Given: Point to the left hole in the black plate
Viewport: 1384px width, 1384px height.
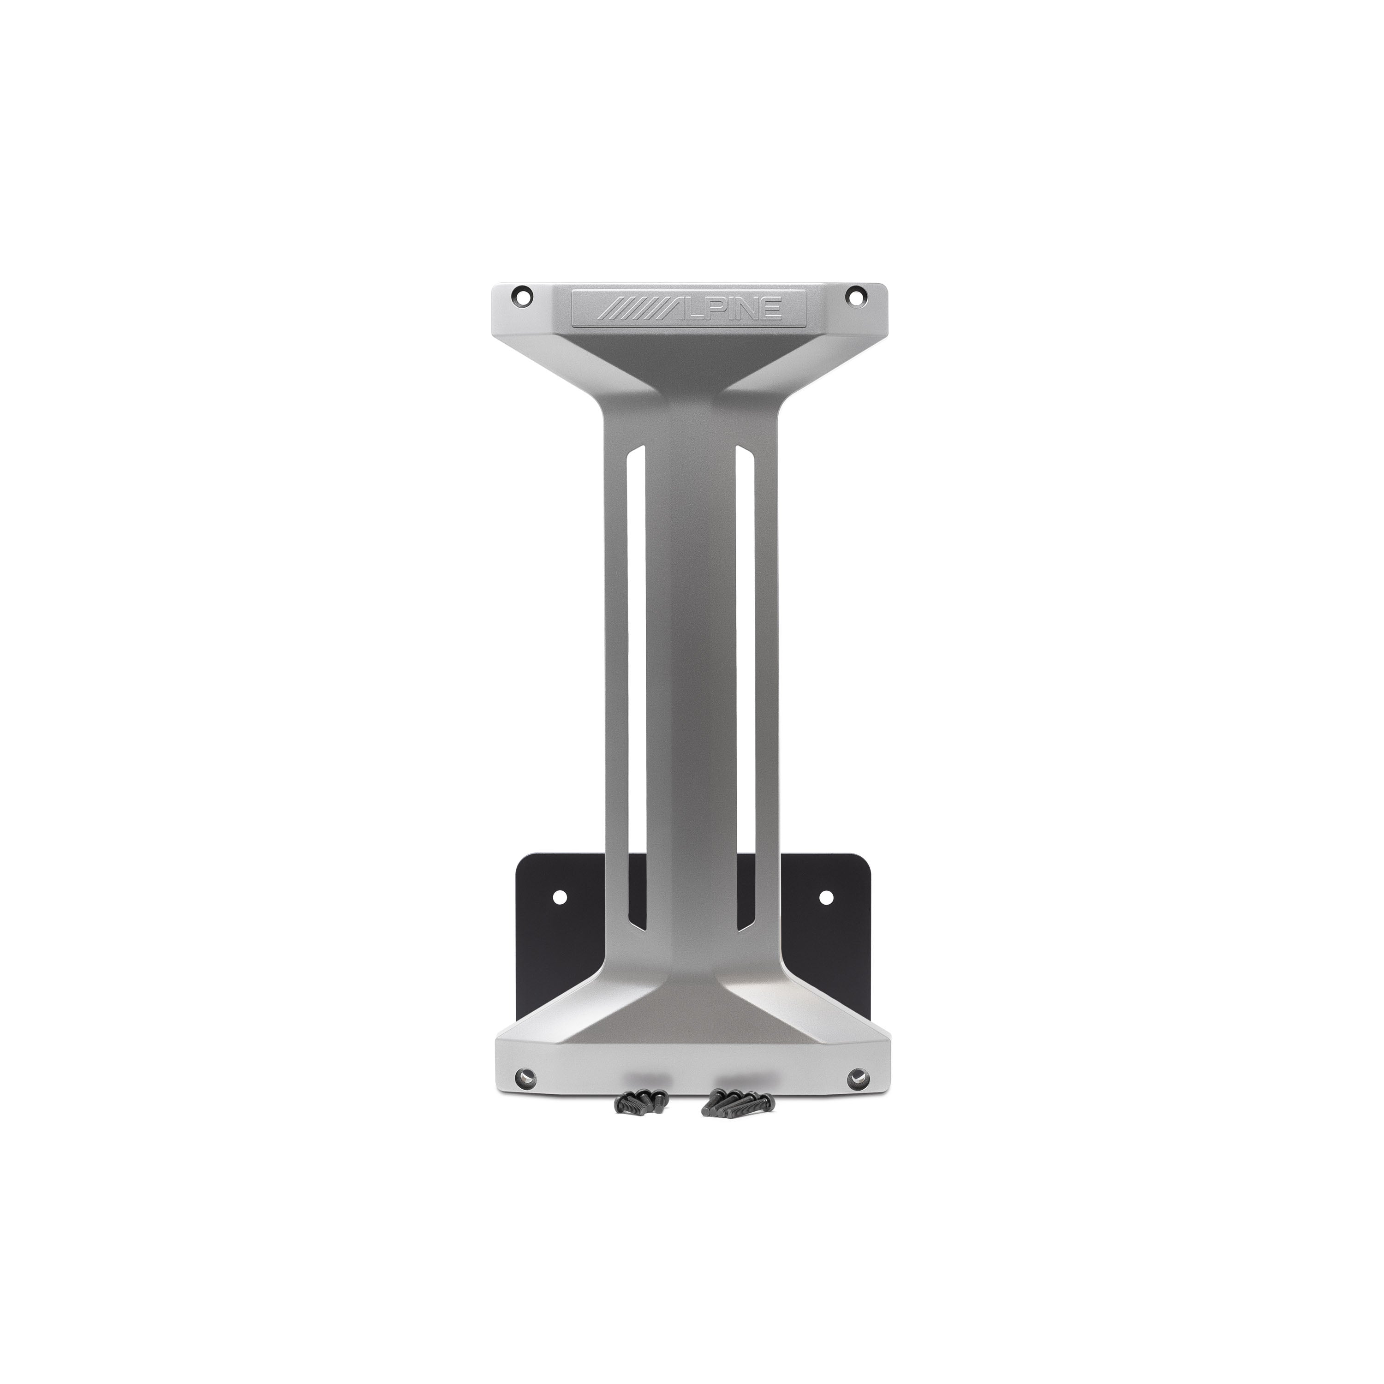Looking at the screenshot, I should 560,896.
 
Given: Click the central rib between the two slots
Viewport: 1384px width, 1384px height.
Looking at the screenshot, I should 691,680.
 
